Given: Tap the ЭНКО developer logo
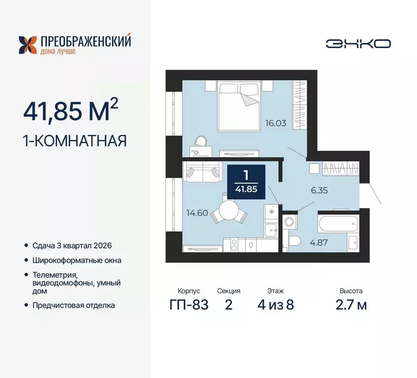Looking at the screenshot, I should point(358,44).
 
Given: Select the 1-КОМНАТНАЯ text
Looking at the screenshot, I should point(75,141).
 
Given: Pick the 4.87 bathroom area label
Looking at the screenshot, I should point(318,242).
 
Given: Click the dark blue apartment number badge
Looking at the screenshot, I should point(246,182).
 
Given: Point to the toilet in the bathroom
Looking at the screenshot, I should point(295,241).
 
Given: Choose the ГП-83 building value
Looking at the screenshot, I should point(189,305).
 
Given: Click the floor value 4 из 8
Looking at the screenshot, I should point(276,305).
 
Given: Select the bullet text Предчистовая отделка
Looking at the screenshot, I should point(74,305).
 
